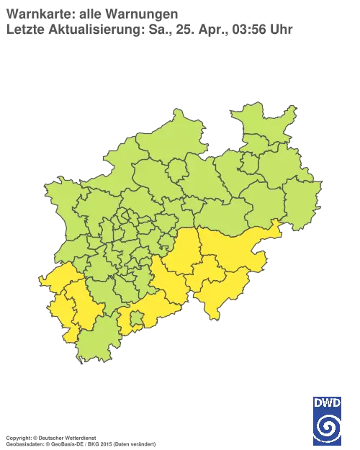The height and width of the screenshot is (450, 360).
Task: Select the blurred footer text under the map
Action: click(x=79, y=438)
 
